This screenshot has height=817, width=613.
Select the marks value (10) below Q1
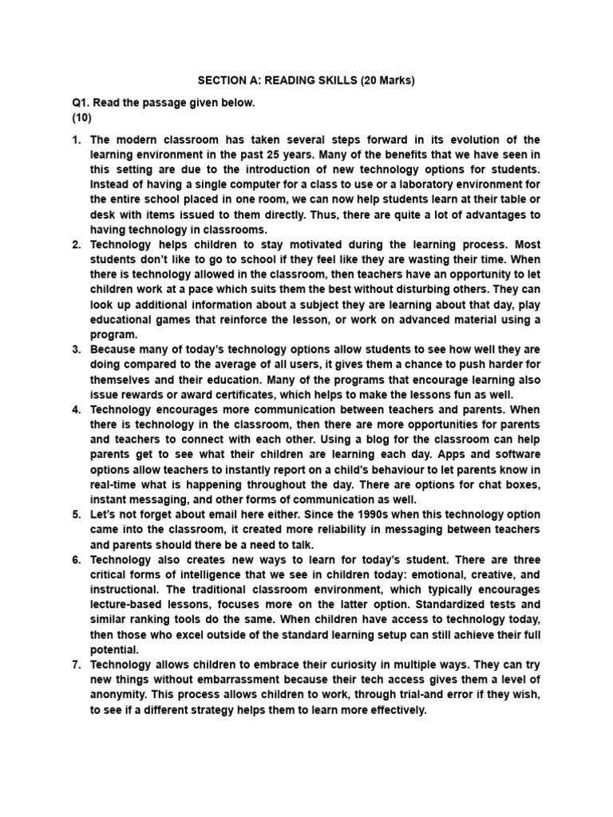click(x=82, y=118)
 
